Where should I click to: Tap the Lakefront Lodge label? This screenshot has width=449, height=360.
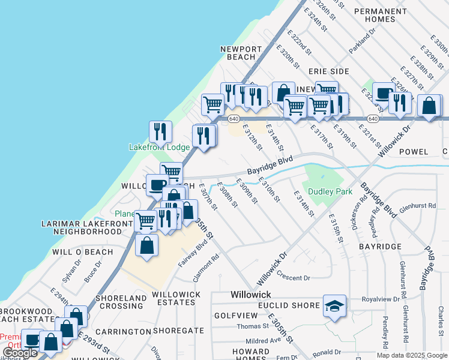click(159, 147)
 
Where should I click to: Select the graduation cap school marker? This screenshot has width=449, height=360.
click(334, 305)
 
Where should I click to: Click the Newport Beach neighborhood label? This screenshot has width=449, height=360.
click(241, 53)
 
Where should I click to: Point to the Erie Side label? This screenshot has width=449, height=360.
click(331, 71)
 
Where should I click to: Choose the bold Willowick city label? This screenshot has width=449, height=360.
click(252, 295)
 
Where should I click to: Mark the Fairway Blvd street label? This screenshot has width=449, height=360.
click(192, 253)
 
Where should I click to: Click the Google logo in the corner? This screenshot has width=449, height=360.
click(20, 353)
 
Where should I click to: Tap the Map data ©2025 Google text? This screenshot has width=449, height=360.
click(411, 355)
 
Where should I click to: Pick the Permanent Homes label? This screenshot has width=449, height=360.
click(380, 15)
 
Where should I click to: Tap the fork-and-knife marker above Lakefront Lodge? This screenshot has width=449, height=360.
click(160, 131)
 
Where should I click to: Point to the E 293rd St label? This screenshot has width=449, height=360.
click(92, 343)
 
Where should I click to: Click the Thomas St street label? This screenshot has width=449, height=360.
click(252, 326)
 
